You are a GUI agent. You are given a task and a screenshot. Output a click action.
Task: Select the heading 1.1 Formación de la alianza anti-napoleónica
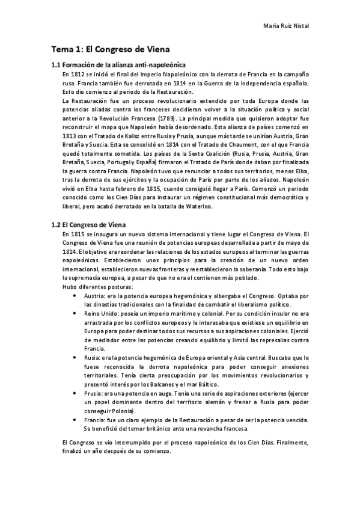118,65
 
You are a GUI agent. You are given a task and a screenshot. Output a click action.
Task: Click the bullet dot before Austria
74,296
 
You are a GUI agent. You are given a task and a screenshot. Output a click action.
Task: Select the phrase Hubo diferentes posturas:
92,286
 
